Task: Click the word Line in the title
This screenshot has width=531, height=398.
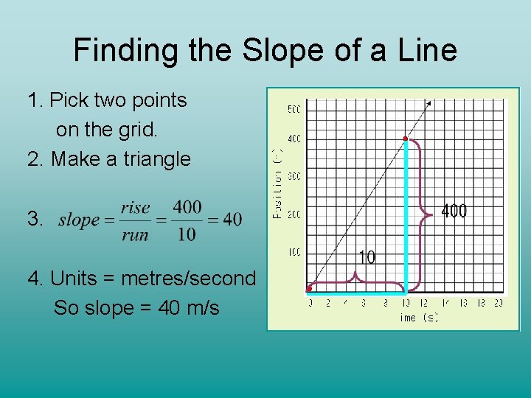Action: (427, 51)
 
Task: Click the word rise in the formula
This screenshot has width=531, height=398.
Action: (135, 207)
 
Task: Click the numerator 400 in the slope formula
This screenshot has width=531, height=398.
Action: (188, 207)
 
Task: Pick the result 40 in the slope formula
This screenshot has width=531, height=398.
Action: (232, 220)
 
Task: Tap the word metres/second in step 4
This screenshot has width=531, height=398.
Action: (188, 279)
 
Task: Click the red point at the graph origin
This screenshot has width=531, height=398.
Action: (309, 288)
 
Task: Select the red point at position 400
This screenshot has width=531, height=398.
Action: (405, 139)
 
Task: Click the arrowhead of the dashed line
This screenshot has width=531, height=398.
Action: (429, 104)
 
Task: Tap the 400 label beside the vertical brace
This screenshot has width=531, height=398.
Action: (454, 212)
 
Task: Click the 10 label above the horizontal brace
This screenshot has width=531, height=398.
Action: (367, 257)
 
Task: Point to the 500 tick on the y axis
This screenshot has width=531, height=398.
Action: (294, 110)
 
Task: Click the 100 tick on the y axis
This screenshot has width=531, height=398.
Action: (294, 253)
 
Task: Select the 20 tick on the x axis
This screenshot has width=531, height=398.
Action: (499, 303)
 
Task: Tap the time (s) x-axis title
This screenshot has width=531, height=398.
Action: (419, 318)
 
